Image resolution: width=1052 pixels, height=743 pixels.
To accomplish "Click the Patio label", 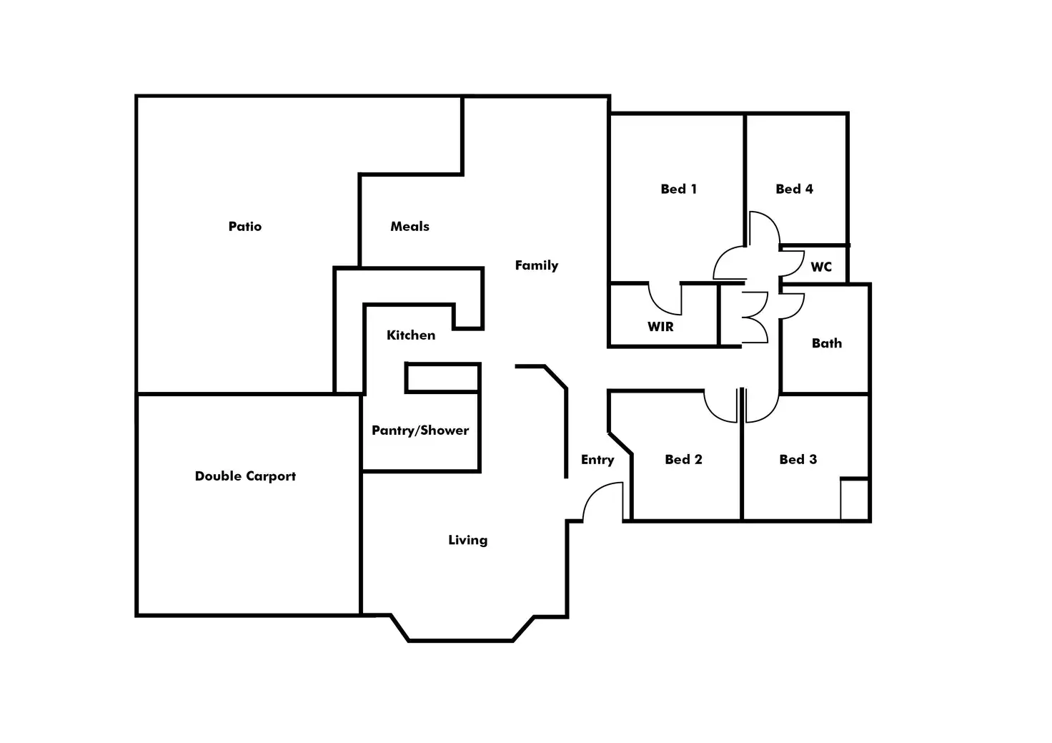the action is click(244, 227).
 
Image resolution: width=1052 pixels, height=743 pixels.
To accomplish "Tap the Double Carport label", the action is click(245, 476).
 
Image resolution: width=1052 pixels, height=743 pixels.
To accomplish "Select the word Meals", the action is click(410, 227).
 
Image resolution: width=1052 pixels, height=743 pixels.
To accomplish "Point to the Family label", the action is click(536, 265).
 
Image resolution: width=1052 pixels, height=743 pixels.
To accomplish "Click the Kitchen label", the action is click(411, 335).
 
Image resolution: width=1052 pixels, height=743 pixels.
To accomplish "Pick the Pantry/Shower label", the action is click(420, 430).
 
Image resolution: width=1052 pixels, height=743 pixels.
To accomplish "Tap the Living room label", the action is click(468, 540).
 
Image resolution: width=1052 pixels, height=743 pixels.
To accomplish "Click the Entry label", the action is click(597, 460).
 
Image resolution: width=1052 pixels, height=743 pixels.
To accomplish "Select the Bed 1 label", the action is click(679, 189).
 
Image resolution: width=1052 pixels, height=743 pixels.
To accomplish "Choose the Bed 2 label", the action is click(683, 460).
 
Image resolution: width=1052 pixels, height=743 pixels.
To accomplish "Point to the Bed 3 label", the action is click(798, 460).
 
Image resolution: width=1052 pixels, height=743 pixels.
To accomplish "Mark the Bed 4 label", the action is click(794, 189).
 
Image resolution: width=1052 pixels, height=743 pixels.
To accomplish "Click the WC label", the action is click(821, 267).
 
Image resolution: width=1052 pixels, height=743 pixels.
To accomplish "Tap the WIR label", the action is click(660, 327).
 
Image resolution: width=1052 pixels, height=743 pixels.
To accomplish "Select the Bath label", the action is click(827, 343).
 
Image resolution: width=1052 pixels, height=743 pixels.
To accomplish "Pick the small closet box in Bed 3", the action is click(854, 499).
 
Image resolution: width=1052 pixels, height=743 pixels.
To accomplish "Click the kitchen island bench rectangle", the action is click(442, 378).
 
